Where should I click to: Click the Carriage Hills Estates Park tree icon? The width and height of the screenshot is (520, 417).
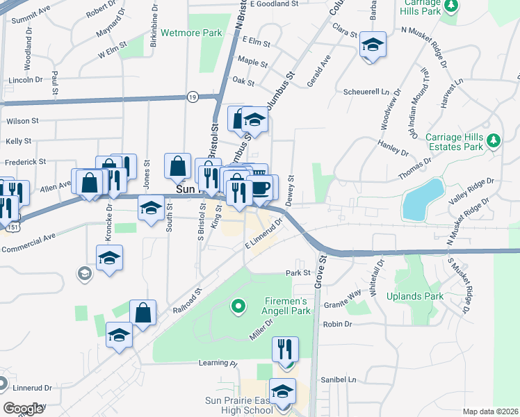tap(494, 141)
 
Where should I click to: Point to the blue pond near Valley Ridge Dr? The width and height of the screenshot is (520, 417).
tap(423, 198)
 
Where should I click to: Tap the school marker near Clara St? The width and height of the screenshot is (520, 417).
tap(373, 47)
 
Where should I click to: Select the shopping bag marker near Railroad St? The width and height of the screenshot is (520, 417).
tap(143, 313)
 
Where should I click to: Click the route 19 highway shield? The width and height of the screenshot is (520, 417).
tap(191, 97)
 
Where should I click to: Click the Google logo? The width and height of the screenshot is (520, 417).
tap(23, 409)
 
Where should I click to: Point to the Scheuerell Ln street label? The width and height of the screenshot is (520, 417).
tap(365, 91)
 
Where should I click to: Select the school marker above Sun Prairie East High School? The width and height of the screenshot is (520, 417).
tap(282, 391)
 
